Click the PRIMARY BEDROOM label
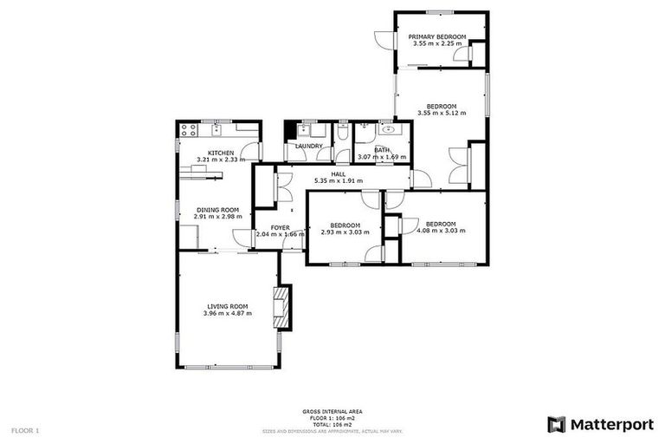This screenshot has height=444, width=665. click(x=437, y=36)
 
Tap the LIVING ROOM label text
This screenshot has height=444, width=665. click(x=227, y=305)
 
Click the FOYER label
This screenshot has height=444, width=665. click(x=280, y=227)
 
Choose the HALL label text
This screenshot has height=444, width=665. click(x=326, y=173)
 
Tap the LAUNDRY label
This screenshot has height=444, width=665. click(x=308, y=146)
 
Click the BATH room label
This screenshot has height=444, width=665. click(x=382, y=149)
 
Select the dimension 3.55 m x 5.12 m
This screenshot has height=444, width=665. click(x=441, y=113)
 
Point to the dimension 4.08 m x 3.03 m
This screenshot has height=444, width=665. click(x=441, y=231)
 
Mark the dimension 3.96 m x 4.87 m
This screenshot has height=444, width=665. click(x=227, y=312)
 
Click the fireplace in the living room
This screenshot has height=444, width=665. click(x=281, y=307)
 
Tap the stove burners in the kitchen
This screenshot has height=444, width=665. click(x=189, y=131)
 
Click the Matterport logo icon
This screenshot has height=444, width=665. click(x=557, y=424)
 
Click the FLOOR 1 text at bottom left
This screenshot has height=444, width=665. click(x=25, y=430)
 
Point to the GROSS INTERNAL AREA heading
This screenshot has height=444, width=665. click(x=332, y=411)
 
